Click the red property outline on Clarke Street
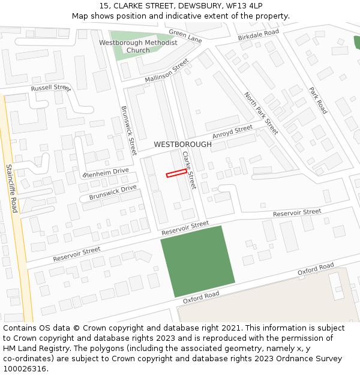point(176,173)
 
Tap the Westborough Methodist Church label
point(138,46)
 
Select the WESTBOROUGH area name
point(182,145)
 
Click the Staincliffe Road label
point(11,188)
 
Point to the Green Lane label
point(185,37)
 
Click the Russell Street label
point(51,88)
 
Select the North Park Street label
point(261,113)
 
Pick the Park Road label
point(318,100)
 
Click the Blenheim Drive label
point(106,173)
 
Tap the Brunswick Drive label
point(113,193)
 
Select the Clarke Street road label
point(189,170)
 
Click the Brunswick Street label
point(129,130)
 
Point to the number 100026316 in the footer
point(26,368)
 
